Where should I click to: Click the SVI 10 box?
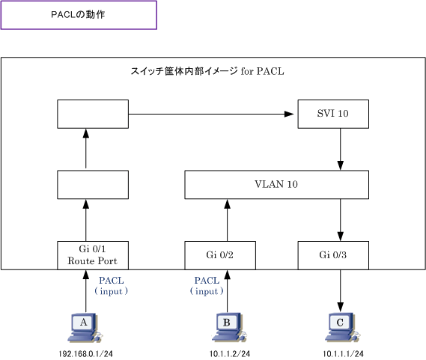coord(333,114)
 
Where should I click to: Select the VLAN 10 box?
coord(276,184)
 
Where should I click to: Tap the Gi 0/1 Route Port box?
coord(93,255)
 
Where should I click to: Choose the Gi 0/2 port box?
coord(220,255)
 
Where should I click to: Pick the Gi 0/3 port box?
coord(333,255)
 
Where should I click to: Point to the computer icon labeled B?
coord(229,327)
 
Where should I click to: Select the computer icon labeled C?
coord(343,327)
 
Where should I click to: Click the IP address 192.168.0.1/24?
coord(86,354)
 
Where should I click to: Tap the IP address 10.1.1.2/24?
coord(230,354)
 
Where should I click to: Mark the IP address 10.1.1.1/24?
coord(343,354)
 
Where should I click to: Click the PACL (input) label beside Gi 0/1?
coord(111,286)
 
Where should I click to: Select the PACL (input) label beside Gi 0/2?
coord(207,286)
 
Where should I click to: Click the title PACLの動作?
coord(78,15)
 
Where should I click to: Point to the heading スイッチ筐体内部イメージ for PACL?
coord(207,71)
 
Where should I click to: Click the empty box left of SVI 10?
coord(93,114)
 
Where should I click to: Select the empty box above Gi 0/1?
coord(93,184)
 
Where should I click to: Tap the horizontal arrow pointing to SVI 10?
coord(211,114)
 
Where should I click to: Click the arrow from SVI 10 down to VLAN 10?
coord(340,149)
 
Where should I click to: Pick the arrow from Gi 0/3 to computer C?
coord(340,290)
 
